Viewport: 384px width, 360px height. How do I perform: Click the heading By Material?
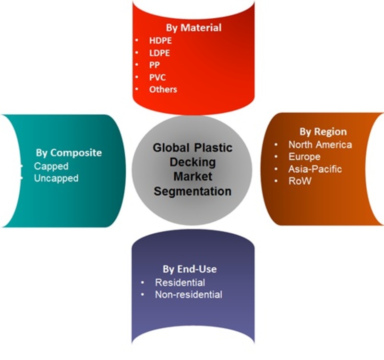click(194, 28)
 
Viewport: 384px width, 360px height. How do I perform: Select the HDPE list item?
click(160, 40)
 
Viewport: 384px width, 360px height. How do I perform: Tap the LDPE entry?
click(159, 53)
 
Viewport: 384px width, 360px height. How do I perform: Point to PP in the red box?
click(155, 65)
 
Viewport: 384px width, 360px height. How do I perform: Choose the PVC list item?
click(157, 77)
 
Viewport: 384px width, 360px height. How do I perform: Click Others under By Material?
click(163, 89)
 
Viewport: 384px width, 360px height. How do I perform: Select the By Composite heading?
click(69, 153)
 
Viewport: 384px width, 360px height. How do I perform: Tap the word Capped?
click(51, 166)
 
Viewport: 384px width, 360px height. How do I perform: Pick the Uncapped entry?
click(56, 178)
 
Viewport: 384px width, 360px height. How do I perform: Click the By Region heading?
click(323, 132)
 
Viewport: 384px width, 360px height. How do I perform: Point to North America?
click(320, 144)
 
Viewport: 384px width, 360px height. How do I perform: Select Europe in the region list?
click(304, 157)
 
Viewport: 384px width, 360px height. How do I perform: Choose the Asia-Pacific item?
click(315, 169)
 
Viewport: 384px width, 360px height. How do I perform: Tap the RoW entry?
click(300, 181)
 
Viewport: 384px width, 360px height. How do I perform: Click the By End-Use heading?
click(190, 269)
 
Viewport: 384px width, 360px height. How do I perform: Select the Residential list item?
click(180, 283)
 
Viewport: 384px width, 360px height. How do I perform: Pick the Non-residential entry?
click(189, 295)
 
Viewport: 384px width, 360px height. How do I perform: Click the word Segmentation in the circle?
click(192, 191)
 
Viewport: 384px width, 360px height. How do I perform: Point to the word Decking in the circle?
click(193, 162)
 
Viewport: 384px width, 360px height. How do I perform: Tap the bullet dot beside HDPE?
click(137, 40)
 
